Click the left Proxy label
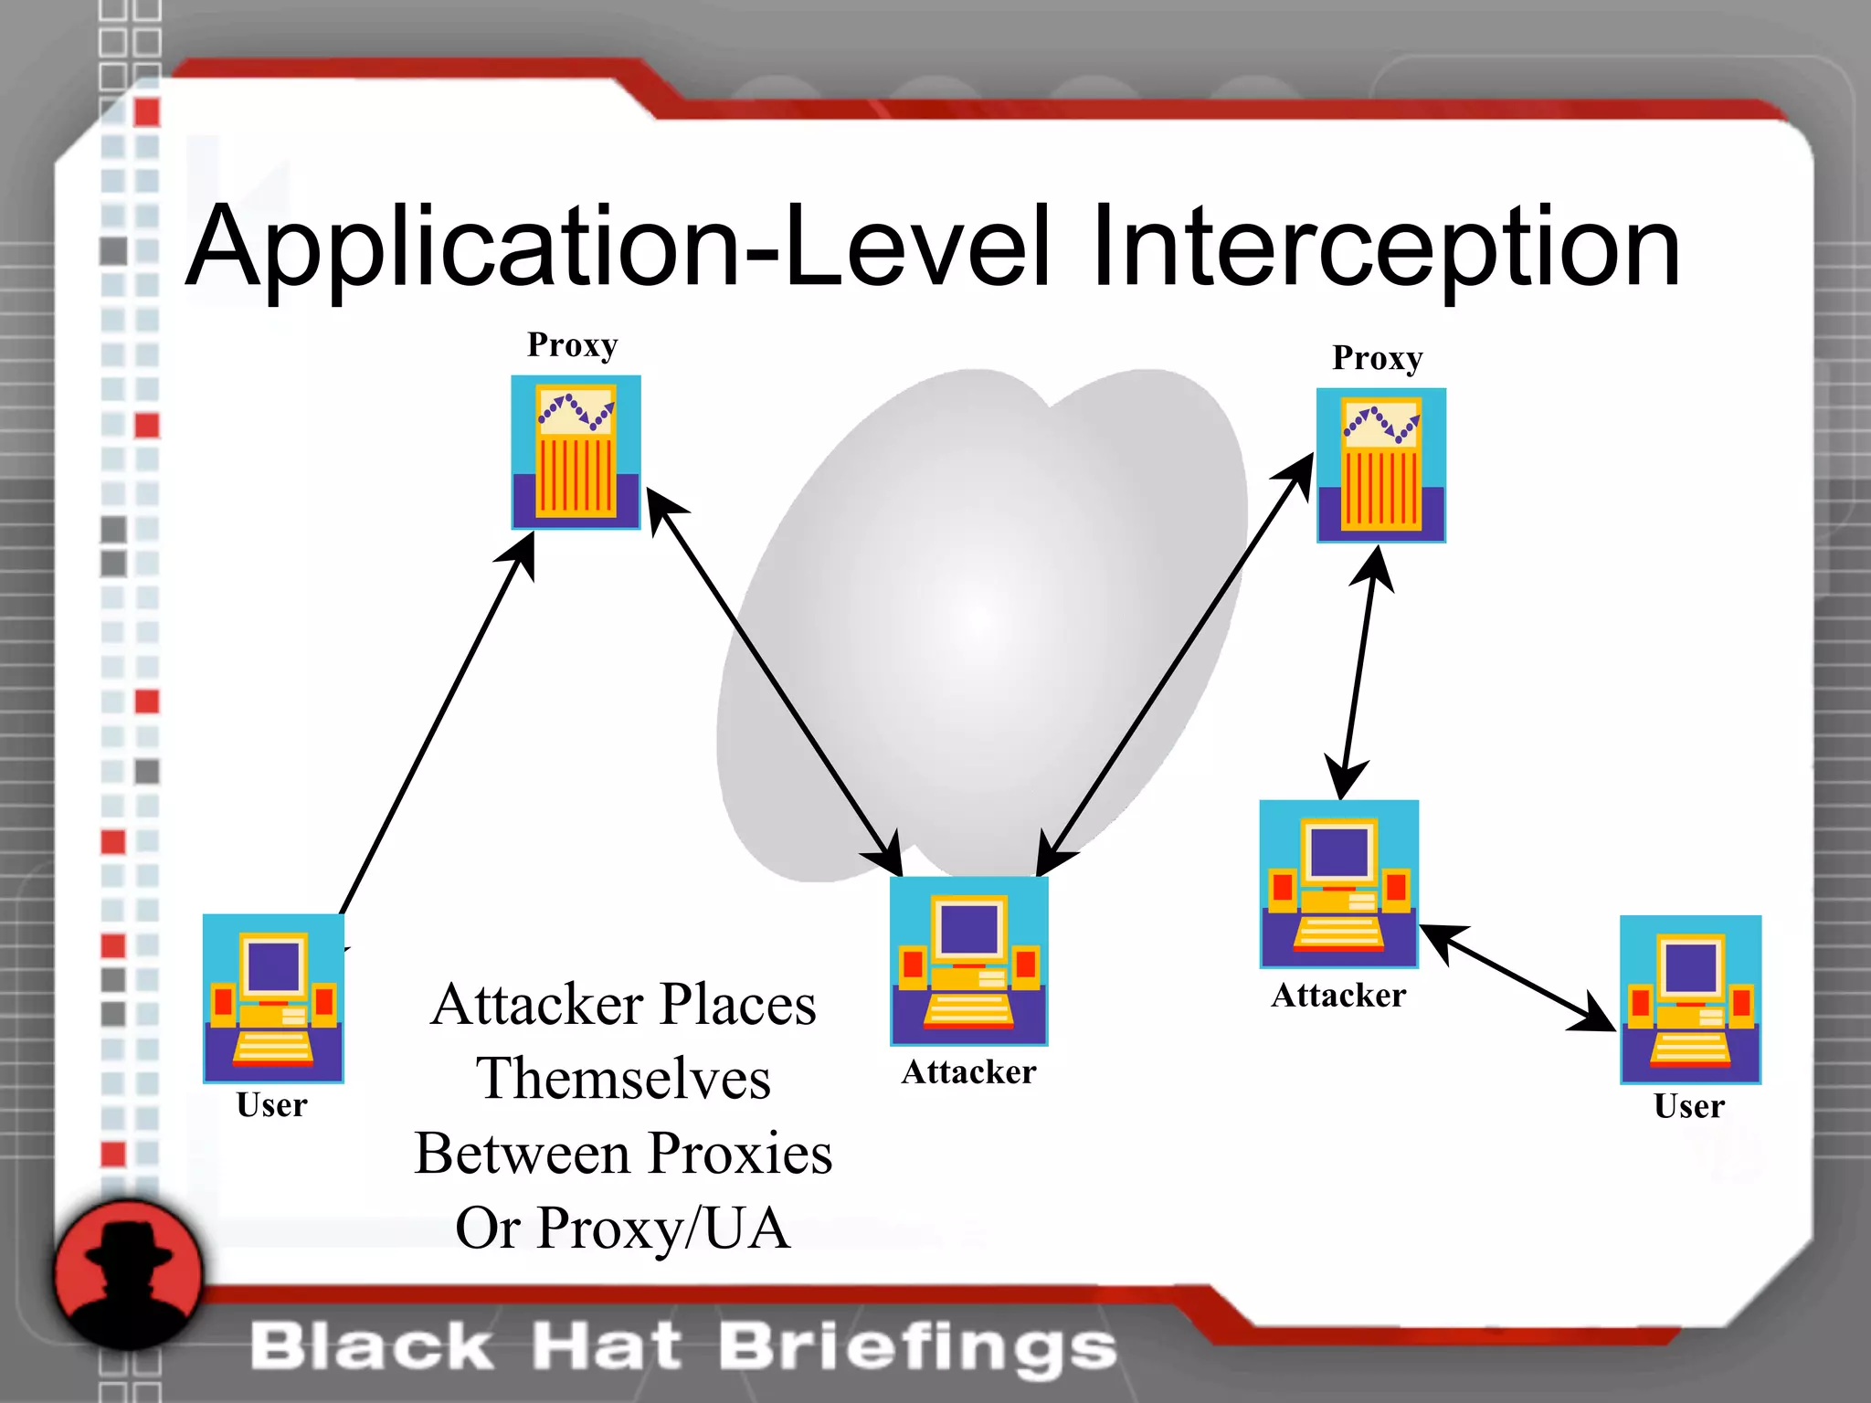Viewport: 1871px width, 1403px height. coord(573,345)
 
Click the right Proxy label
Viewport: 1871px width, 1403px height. coord(1378,358)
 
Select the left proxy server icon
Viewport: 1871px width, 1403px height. coord(576,452)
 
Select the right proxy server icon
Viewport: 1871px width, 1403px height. coord(1380,465)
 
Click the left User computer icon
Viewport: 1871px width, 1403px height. coord(273,997)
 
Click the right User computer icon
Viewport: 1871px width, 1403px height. coord(1690,999)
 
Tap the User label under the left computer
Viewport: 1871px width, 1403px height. coord(271,1105)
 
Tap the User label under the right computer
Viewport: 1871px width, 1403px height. coord(1689,1106)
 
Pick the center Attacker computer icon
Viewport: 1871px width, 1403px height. coord(968,960)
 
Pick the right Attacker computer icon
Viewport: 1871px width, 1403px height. coord(1338,883)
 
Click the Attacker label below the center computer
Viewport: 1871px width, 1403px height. coord(968,1072)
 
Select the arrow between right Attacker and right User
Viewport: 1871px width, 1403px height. coord(1517,977)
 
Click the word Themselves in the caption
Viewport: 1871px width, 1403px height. coord(623,1078)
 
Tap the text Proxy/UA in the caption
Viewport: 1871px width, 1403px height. coord(663,1228)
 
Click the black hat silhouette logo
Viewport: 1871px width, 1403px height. coord(128,1274)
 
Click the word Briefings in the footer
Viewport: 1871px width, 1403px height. coord(918,1346)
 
